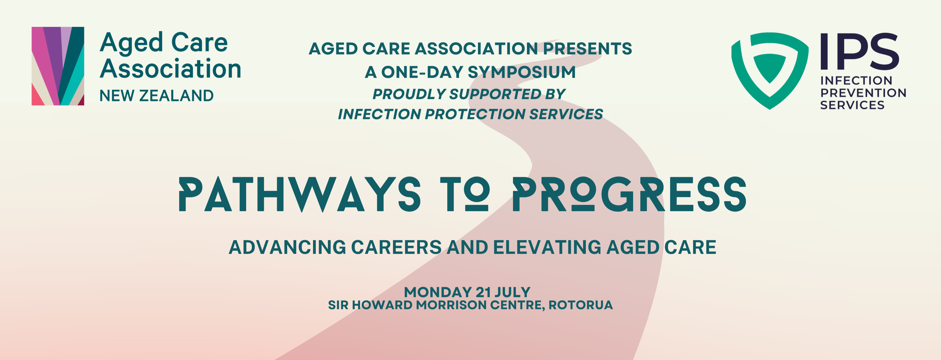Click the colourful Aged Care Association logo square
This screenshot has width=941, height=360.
[58, 66]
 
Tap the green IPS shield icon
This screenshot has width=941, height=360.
[770, 71]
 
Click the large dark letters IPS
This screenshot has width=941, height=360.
[860, 52]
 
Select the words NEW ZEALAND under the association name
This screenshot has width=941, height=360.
[156, 96]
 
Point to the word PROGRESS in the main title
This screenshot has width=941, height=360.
[629, 194]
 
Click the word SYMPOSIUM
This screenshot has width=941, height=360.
[522, 72]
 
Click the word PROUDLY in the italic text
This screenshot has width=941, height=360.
[409, 94]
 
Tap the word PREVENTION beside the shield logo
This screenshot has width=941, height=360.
[863, 93]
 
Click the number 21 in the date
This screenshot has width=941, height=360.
[483, 292]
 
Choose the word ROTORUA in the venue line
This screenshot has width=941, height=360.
[580, 305]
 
